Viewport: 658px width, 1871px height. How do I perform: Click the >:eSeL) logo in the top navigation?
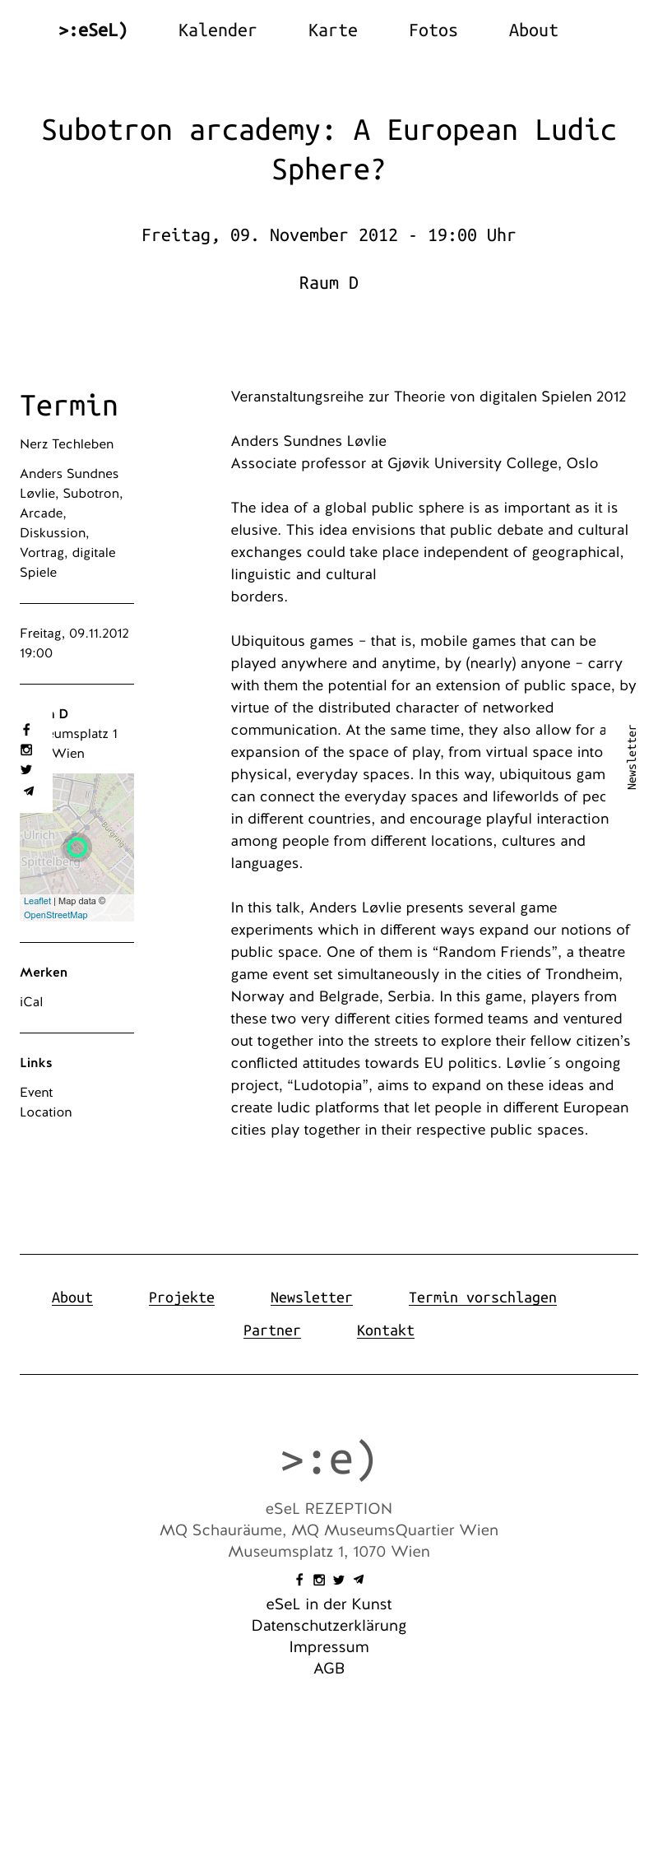[x=93, y=30]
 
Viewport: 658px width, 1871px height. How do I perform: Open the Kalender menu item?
[x=217, y=30]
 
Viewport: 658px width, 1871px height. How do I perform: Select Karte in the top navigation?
[x=332, y=30]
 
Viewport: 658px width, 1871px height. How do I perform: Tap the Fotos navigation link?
[x=433, y=30]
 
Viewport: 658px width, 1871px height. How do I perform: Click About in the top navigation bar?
[x=533, y=30]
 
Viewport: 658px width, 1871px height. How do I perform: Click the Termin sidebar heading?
[x=69, y=406]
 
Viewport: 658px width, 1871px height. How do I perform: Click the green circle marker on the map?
[x=77, y=847]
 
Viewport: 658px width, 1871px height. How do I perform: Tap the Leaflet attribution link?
[x=37, y=901]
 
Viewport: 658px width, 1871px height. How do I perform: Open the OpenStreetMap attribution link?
[x=56, y=915]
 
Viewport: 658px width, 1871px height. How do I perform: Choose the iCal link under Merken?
[x=31, y=1002]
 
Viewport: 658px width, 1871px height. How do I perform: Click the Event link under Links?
[x=36, y=1093]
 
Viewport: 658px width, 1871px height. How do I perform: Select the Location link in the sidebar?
[x=46, y=1112]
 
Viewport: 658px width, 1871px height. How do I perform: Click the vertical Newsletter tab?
[x=632, y=757]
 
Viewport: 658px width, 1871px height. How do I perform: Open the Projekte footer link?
[x=181, y=1298]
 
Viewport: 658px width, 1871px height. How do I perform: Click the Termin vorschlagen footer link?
[x=482, y=1298]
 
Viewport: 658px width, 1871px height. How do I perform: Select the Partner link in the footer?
[x=271, y=1330]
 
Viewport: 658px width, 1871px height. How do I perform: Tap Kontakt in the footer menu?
[x=385, y=1330]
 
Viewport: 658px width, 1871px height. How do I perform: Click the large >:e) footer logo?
[x=328, y=1460]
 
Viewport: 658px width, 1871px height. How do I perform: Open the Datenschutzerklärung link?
[x=329, y=1626]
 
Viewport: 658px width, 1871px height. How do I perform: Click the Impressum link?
[x=329, y=1647]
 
